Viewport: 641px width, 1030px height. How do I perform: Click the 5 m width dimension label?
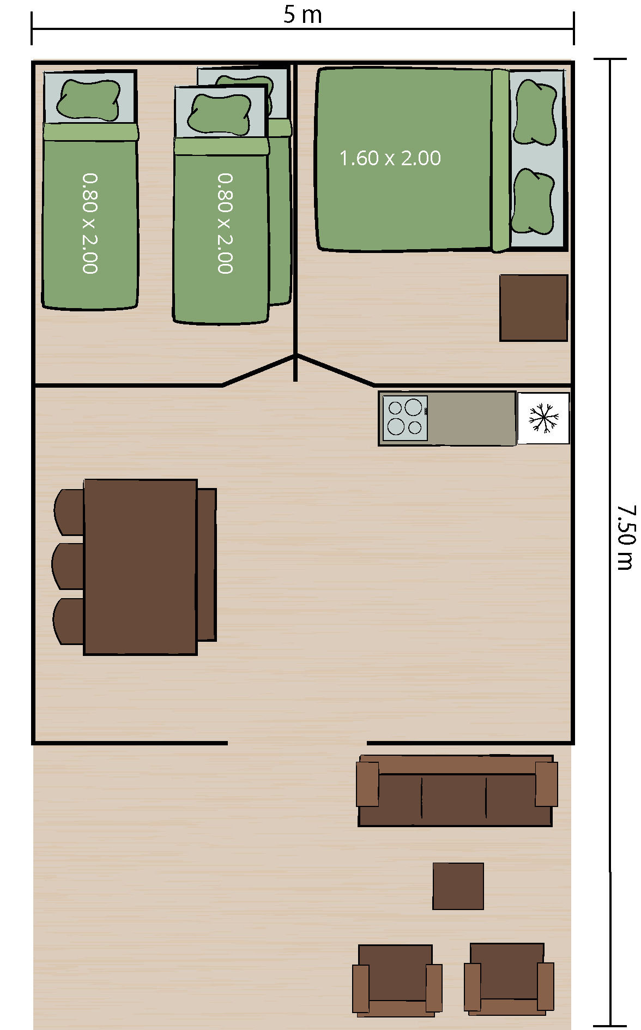coord(303,15)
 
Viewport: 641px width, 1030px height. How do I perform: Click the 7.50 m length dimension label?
coord(626,537)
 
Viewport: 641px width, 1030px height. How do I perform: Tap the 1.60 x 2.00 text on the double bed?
coord(390,158)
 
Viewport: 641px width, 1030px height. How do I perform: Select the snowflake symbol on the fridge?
coord(543,418)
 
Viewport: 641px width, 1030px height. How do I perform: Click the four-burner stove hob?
coord(405,418)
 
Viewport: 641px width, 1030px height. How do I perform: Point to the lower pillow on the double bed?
coord(533,201)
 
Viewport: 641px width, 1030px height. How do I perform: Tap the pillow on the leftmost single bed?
coord(89,100)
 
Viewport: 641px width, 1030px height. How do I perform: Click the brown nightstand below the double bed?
coord(534,308)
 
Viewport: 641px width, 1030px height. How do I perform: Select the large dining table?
coord(140,567)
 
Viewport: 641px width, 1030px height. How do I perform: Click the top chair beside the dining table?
coord(69,512)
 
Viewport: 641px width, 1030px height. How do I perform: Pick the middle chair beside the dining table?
coord(68,566)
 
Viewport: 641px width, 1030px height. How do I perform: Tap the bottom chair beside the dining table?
coord(69,621)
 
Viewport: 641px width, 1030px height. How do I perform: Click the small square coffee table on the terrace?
coord(458,886)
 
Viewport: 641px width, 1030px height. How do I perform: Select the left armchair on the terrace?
coord(397,980)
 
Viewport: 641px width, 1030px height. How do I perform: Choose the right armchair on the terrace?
coord(509,979)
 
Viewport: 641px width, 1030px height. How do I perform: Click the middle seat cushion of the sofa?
coord(453,797)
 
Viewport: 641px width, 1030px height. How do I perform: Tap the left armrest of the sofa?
coord(367,784)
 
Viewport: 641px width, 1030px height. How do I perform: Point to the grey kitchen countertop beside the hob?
coord(471,418)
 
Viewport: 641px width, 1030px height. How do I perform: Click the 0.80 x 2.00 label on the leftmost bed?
coord(90,224)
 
